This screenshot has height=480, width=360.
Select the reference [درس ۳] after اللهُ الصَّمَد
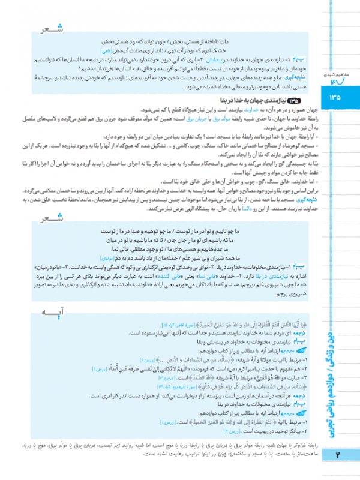[151, 380]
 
